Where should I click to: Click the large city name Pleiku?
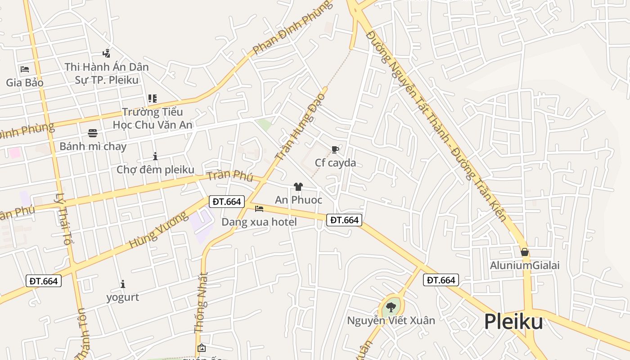tap(513, 322)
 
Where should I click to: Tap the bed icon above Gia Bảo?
tap(25, 69)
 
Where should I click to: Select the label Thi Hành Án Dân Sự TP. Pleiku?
tap(106, 73)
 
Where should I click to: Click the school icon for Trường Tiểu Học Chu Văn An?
tap(152, 99)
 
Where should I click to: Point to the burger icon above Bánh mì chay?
tap(93, 133)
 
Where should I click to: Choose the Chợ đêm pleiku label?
tap(155, 170)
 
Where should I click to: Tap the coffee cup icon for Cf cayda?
tap(335, 150)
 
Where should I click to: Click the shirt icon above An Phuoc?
tap(298, 187)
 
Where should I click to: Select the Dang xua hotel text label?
tap(259, 222)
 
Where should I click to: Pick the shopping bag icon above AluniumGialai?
tap(524, 252)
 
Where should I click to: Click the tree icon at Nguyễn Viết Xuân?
tap(391, 308)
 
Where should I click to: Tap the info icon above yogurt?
tap(122, 284)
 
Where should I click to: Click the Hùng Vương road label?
tap(158, 230)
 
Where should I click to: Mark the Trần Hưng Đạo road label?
tap(300, 128)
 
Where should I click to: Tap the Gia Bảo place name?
tap(25, 83)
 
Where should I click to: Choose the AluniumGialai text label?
tap(525, 265)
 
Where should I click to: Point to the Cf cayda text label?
tap(335, 163)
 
